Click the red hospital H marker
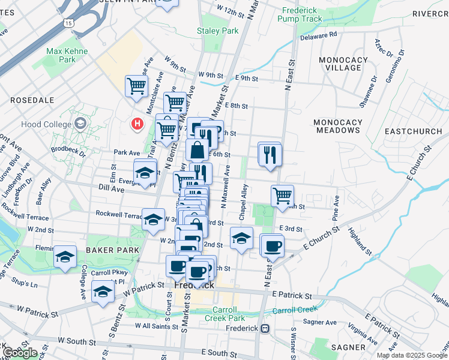tap(137, 124)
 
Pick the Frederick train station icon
tap(265, 328)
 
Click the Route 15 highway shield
tap(69, 22)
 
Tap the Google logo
tap(20, 352)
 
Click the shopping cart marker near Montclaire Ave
tap(137, 86)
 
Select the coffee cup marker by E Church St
tap(273, 245)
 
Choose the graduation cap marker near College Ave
tap(103, 292)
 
